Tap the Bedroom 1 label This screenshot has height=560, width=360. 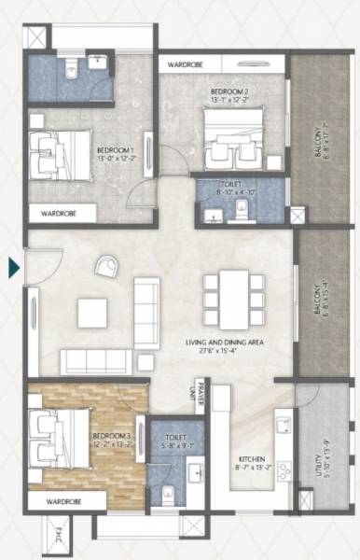click(x=116, y=153)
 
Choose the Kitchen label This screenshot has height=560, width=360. click(x=253, y=463)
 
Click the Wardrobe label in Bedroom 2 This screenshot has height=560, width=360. click(x=187, y=65)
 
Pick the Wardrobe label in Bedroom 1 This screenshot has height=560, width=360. click(x=59, y=214)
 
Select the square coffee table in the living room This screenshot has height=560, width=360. click(x=93, y=311)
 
